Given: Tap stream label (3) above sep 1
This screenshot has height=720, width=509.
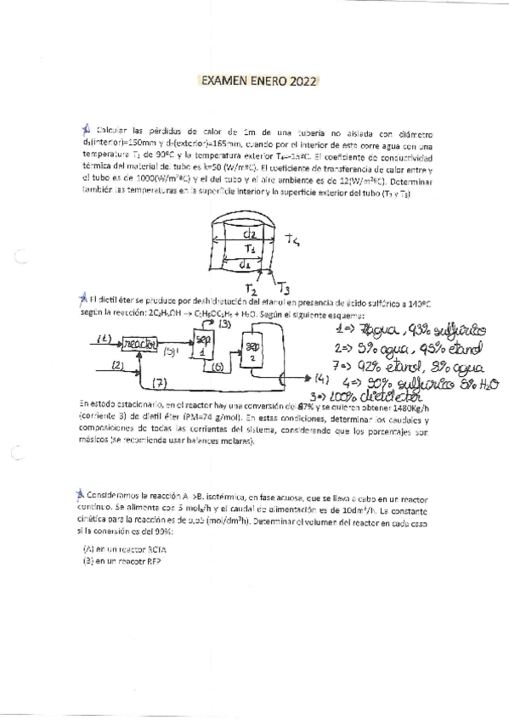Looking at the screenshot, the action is [225, 324].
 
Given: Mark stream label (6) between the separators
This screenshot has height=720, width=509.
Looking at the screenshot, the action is [218, 366].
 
